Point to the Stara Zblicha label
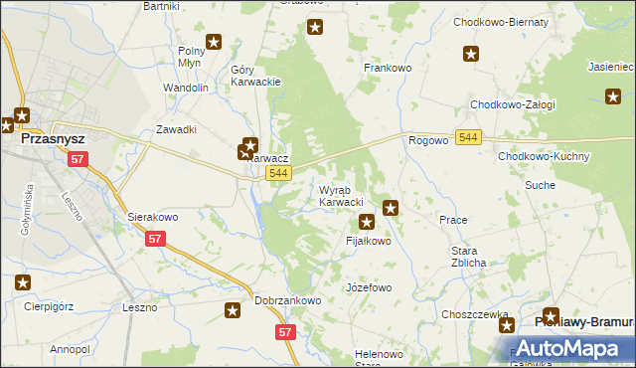coord(468,257)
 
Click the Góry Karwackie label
coord(255,77)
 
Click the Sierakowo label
coord(152,216)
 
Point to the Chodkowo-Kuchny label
coord(545,157)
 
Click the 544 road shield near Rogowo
coord(469,136)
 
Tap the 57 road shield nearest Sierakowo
coord(155,239)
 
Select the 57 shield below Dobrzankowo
coord(285,331)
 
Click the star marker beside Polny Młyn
coord(214,43)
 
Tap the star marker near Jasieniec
coord(613,95)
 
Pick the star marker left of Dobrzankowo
coord(234,311)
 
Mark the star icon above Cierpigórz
coord(22,283)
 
